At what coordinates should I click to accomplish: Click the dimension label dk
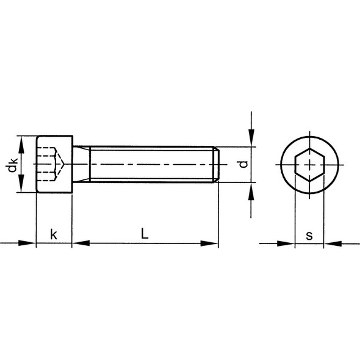point(12,165)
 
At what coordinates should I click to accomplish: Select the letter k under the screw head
point(54,234)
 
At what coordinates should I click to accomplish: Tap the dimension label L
point(145,233)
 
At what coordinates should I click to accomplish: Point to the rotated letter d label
point(243,164)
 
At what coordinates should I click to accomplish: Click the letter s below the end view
point(309,236)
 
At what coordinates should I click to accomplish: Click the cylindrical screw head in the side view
point(54,164)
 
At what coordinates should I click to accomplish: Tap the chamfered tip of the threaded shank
point(216,165)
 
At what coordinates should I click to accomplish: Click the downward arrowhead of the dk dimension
point(21,183)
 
